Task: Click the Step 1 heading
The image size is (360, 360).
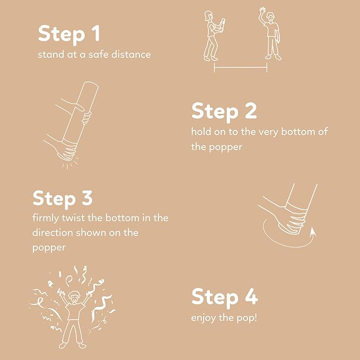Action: (69, 34)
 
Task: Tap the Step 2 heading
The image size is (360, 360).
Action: (224, 111)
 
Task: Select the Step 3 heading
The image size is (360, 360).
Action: (63, 199)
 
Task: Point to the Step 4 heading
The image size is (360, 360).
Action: (225, 297)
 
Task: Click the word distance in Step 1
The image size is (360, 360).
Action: (131, 55)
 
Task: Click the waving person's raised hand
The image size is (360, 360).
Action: (262, 11)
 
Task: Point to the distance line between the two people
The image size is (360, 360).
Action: (241, 67)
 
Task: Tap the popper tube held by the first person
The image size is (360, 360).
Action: (222, 26)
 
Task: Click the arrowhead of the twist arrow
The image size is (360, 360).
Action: (313, 231)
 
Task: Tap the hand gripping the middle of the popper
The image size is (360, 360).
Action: (86, 118)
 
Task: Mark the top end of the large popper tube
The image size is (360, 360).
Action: (91, 84)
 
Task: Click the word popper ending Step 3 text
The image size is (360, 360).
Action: (49, 248)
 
